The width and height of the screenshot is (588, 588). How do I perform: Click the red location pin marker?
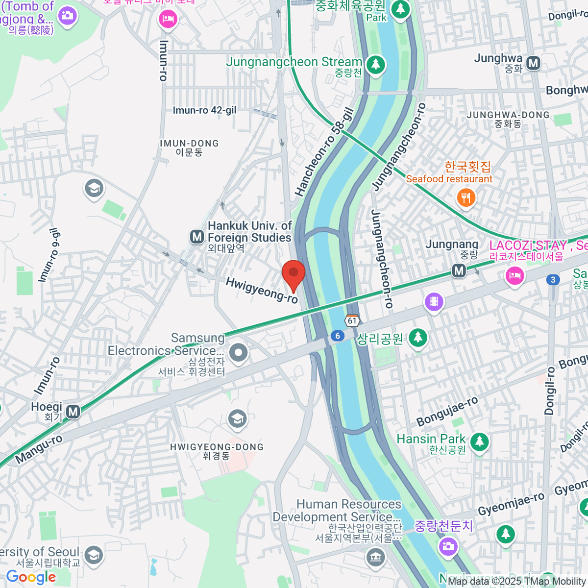click(x=294, y=274)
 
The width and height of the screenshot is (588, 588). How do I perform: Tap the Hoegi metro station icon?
click(x=73, y=412)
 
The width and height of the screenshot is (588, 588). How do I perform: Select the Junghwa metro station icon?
click(x=533, y=63)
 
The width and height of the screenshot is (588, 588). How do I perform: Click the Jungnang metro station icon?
click(x=459, y=270)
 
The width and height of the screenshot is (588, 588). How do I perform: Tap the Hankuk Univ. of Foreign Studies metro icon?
click(x=197, y=237)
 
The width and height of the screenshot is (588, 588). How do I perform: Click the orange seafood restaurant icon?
click(x=465, y=198)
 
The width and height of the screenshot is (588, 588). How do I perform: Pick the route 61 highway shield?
click(x=352, y=321)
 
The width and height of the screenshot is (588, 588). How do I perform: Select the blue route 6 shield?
click(x=337, y=336)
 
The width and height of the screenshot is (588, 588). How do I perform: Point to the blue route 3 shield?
click(x=553, y=280)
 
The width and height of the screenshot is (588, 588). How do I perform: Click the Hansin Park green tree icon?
click(x=479, y=442)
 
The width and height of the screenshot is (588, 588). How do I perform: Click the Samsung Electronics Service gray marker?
click(x=239, y=352)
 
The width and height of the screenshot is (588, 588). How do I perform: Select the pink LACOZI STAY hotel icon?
click(x=514, y=275)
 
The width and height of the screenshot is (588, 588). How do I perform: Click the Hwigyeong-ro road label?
click(x=262, y=290)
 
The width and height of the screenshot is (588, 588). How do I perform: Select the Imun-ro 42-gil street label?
click(x=204, y=111)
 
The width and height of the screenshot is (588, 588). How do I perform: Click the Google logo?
click(x=31, y=577)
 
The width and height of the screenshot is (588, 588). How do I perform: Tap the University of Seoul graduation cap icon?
click(x=93, y=555)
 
